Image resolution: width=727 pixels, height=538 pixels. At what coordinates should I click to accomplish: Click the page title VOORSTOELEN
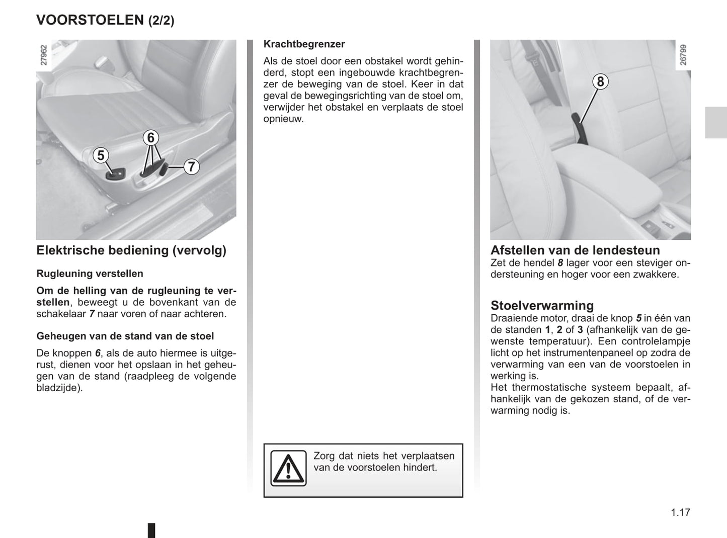click(90, 20)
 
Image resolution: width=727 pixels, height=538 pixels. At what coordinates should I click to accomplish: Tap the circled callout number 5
click(101, 156)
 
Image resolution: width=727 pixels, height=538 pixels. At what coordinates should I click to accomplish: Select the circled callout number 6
click(150, 137)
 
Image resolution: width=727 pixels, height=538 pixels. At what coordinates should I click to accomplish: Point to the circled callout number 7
click(191, 166)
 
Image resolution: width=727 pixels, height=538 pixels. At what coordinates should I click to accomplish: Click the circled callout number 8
click(600, 81)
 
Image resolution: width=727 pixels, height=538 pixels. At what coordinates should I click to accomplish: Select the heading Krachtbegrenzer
click(304, 44)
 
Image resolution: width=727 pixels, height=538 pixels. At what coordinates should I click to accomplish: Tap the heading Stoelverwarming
click(542, 306)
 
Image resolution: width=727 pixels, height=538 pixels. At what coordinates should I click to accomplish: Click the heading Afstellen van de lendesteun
click(575, 250)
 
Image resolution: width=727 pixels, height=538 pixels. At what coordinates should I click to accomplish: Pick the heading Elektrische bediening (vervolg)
click(131, 250)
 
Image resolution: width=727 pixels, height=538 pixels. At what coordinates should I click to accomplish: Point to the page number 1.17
click(680, 512)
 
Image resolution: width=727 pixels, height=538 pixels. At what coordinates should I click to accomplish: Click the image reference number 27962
click(44, 55)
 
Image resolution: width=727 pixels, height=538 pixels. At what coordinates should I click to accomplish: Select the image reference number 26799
click(683, 55)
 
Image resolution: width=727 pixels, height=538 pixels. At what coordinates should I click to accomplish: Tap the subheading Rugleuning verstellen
click(90, 274)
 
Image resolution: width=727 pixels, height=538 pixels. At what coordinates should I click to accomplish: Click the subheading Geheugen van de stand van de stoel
click(125, 336)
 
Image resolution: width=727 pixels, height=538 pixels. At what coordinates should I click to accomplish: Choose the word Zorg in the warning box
click(325, 456)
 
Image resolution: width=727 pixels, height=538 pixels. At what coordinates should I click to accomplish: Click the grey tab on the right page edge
click(715, 123)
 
